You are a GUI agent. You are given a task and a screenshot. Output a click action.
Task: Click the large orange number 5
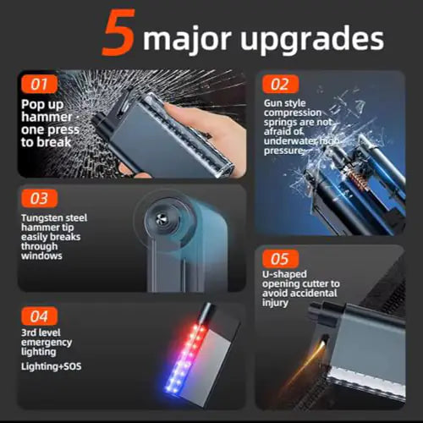[118, 32]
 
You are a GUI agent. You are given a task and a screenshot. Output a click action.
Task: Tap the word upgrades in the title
[312, 40]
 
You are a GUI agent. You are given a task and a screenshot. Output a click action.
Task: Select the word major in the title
[187, 40]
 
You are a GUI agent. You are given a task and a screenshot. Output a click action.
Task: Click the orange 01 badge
[39, 84]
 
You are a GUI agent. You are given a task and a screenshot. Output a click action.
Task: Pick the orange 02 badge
[280, 84]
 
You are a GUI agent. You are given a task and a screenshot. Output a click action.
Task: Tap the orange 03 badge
[39, 198]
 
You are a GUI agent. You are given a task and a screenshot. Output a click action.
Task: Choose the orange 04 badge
[39, 316]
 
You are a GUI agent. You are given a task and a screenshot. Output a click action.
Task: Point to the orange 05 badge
[280, 258]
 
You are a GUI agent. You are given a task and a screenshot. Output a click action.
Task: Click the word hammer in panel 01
[47, 117]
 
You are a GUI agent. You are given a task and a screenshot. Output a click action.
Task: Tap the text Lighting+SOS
[52, 366]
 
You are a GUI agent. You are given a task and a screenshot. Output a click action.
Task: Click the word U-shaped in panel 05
[284, 274]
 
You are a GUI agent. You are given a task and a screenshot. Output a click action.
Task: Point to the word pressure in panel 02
[283, 151]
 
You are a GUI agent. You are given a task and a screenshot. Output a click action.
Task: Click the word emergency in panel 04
[47, 343]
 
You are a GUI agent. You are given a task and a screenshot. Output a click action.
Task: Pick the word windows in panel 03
[41, 255]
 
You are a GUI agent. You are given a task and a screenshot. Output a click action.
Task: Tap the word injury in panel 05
[275, 303]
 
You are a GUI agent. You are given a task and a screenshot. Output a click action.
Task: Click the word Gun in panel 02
[272, 103]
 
